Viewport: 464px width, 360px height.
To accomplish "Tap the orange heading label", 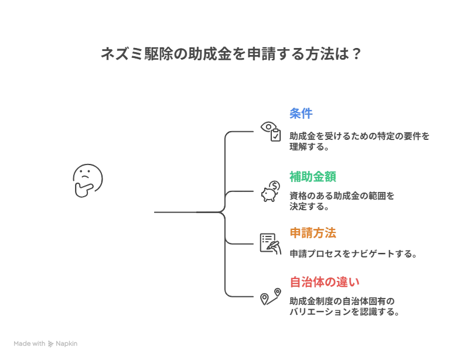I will pos(312,232).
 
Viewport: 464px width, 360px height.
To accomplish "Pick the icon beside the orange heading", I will pos(268,242).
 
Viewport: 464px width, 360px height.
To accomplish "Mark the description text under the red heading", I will pos(342,307).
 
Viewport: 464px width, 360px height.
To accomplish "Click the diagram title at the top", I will pos(229,54).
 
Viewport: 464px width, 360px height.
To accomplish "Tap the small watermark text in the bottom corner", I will pos(46,341).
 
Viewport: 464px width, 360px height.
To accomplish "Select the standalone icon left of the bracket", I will pos(87,180).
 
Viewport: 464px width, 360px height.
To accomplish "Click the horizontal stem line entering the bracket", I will pos(185,213).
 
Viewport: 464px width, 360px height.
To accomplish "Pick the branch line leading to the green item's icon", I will pos(243,191).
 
